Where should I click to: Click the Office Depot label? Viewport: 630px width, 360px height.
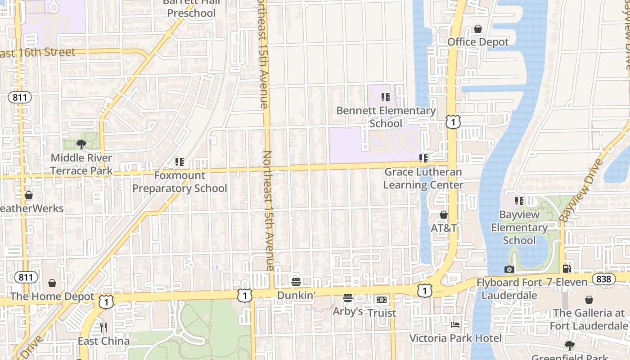click(x=478, y=42)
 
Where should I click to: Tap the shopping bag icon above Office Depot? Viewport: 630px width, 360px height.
click(x=478, y=29)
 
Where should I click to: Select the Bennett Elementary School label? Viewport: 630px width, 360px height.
click(x=386, y=117)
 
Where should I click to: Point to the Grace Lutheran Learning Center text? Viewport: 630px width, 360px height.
click(x=423, y=179)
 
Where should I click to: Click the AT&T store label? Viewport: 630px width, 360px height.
click(x=444, y=228)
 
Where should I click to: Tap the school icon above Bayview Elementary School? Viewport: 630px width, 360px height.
click(x=519, y=201)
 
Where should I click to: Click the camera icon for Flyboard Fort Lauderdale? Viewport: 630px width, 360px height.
click(x=509, y=269)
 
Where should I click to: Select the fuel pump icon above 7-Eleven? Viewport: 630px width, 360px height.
click(x=567, y=269)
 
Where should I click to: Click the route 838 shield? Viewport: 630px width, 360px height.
click(x=603, y=279)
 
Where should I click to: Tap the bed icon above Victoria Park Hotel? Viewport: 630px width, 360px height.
click(x=455, y=324)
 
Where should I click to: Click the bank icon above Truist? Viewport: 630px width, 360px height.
click(x=382, y=300)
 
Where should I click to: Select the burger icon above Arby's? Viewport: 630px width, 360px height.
click(x=347, y=298)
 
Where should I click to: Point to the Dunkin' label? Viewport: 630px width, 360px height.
click(x=296, y=295)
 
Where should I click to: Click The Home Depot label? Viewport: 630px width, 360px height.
click(x=52, y=297)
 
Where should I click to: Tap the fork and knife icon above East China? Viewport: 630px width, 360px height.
click(x=103, y=327)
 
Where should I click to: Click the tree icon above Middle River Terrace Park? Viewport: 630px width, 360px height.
click(x=81, y=144)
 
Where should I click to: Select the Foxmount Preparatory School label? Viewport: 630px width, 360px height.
click(x=180, y=182)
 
